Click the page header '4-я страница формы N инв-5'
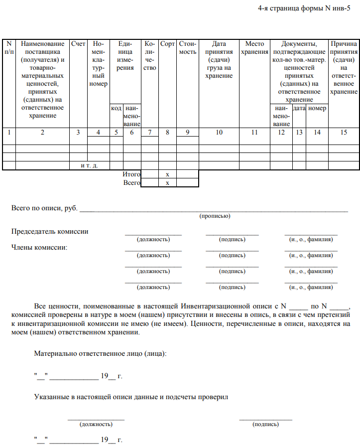click(307, 9)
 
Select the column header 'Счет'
click(78, 44)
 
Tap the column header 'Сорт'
click(168, 44)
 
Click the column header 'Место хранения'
click(254, 48)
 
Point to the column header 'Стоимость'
click(188, 48)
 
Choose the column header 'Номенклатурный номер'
click(99, 64)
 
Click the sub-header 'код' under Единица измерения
click(116, 108)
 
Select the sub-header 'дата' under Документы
click(299, 108)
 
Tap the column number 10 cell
click(219, 132)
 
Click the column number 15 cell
click(344, 132)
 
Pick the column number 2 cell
click(42, 132)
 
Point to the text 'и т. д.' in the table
click(89, 165)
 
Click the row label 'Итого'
click(131, 174)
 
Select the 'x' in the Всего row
click(168, 183)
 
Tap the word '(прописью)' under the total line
click(215, 216)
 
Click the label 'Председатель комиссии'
click(50, 231)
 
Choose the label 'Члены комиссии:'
click(39, 247)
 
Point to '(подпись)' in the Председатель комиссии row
click(232, 240)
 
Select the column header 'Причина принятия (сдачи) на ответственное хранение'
click(344, 68)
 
